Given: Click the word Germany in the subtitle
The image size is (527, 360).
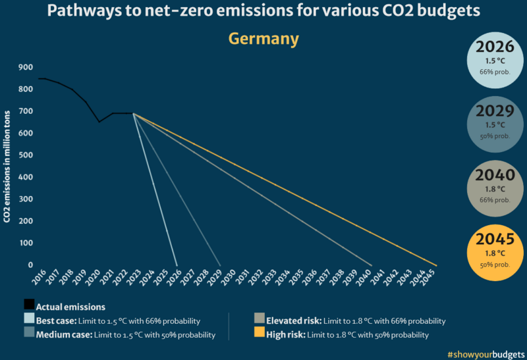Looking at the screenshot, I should click(x=263, y=39).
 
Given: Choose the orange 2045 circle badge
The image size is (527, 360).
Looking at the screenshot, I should click(x=494, y=249).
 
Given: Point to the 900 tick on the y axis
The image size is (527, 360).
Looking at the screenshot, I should click(x=26, y=67).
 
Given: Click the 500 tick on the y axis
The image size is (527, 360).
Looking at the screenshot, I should click(x=26, y=155).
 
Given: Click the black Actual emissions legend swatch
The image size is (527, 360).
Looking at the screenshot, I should click(x=29, y=305).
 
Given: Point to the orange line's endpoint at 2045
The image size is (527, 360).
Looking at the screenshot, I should click(x=436, y=265).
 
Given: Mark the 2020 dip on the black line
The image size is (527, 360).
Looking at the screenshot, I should click(x=99, y=122).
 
